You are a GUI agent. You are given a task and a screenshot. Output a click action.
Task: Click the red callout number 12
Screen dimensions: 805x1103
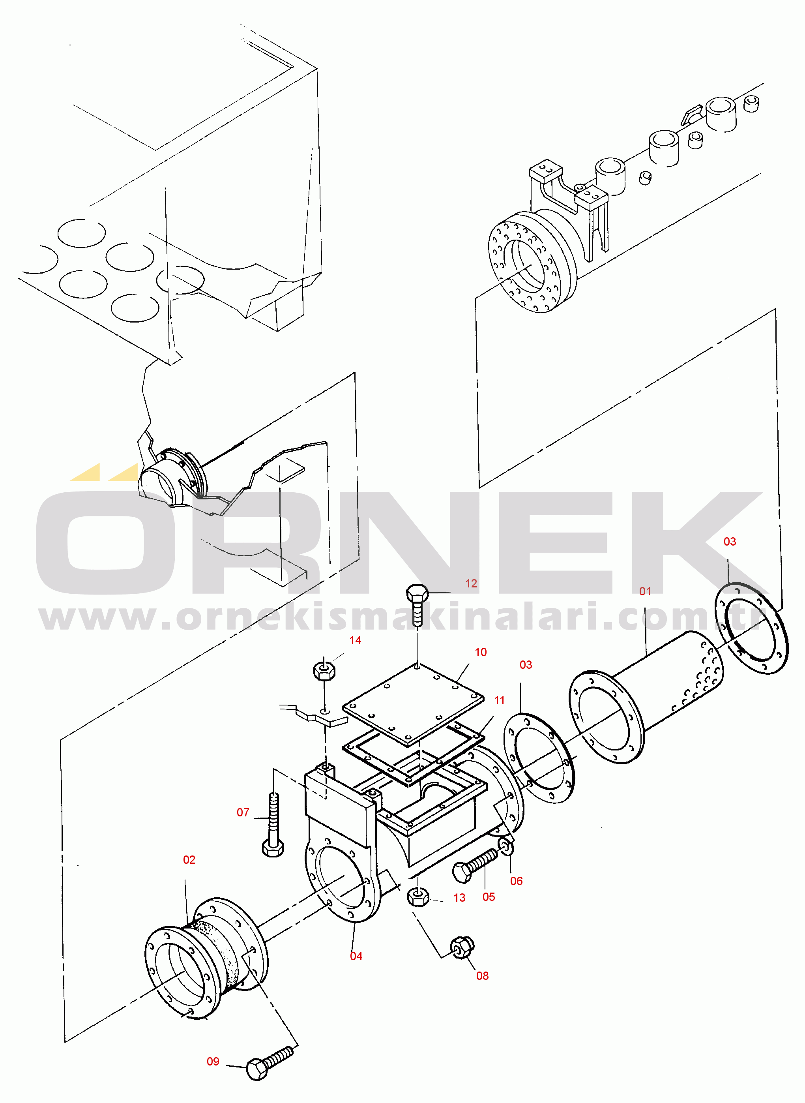471,583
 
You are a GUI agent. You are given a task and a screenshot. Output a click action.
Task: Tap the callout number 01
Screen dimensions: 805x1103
645,591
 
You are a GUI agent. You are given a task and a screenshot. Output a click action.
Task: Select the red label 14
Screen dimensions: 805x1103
355,640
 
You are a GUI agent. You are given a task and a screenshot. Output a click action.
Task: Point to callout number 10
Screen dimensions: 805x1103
481,652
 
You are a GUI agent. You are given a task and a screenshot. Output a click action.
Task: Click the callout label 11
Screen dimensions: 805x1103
500,700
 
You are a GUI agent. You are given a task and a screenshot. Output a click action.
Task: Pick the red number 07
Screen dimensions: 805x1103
243,812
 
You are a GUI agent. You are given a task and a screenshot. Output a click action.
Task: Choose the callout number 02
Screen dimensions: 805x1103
189,860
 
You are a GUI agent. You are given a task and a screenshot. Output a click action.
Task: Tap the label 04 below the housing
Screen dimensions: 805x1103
356,956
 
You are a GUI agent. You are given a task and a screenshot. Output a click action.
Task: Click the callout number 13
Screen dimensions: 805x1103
459,898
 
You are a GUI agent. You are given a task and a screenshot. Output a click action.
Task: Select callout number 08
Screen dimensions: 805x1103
483,976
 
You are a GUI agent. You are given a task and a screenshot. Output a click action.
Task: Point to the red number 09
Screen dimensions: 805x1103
213,1062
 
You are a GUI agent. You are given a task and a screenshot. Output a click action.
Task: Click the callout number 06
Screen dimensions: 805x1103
516,881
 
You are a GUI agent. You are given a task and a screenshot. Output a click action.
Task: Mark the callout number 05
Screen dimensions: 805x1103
489,897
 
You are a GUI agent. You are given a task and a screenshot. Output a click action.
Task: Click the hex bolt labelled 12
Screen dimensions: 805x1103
417,604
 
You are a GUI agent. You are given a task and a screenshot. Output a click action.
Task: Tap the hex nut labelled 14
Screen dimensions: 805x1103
324,671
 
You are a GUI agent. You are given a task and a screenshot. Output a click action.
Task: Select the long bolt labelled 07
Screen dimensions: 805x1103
273,824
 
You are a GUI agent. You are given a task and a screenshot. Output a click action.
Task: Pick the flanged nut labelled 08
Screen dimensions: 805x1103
461,947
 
